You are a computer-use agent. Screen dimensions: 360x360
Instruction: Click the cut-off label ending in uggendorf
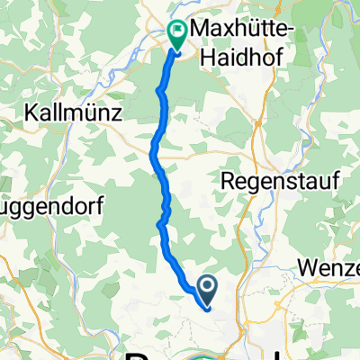(53, 206)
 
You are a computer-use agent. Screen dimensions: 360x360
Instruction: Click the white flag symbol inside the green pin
(176, 32)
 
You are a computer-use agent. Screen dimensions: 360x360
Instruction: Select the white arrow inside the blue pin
(207, 287)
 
